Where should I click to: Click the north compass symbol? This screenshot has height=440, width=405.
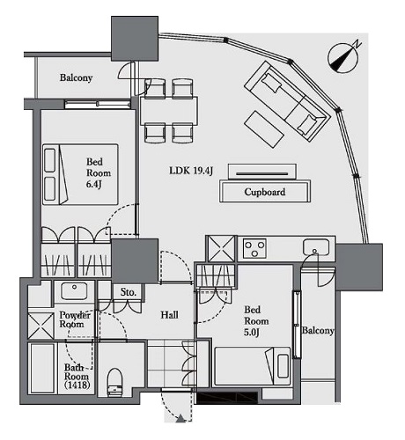pos(342,57)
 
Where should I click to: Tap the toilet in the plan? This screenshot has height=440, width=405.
pos(114,382)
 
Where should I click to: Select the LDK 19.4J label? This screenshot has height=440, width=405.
pos(191,171)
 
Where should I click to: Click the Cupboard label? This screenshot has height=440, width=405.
pos(265,192)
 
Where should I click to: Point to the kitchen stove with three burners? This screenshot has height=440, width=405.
pos(254,248)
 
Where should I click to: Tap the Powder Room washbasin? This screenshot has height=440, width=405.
pos(74,290)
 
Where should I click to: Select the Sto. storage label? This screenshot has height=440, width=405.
pos(129,292)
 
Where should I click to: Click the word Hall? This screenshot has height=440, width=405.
pos(169,315)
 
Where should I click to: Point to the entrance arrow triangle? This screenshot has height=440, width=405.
pos(180,419)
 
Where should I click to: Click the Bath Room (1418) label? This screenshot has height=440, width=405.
pos(77,377)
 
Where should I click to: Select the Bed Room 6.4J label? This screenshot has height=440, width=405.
pos(99,173)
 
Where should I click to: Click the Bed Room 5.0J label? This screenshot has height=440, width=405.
pos(256,321)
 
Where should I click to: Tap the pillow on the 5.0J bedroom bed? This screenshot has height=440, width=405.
pos(283,366)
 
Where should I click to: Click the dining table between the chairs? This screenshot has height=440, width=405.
pos(169,111)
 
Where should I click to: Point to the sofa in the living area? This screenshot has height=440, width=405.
pos(288,101)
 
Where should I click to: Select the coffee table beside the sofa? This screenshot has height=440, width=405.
pos(264,129)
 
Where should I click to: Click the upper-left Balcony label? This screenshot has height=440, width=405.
pos(76,78)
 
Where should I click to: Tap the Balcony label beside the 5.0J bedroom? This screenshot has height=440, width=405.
pos(318,331)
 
